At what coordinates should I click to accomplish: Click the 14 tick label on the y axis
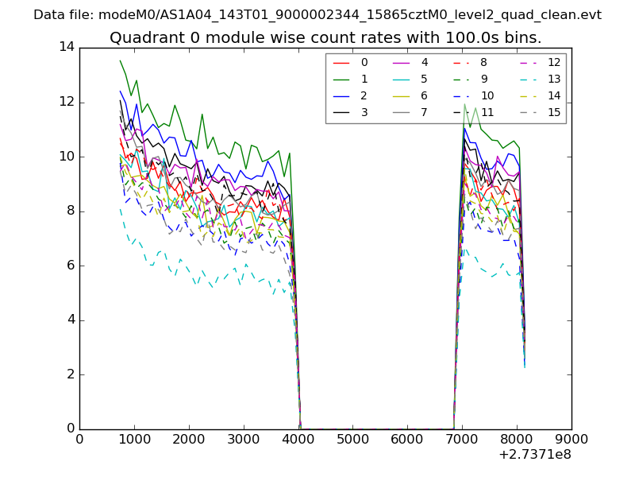pyautogui.click(x=66, y=48)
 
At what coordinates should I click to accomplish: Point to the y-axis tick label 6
pyautogui.click(x=70, y=266)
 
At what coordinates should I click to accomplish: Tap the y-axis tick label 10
pyautogui.click(x=66, y=157)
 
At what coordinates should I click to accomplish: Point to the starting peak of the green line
pyautogui.click(x=121, y=60)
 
